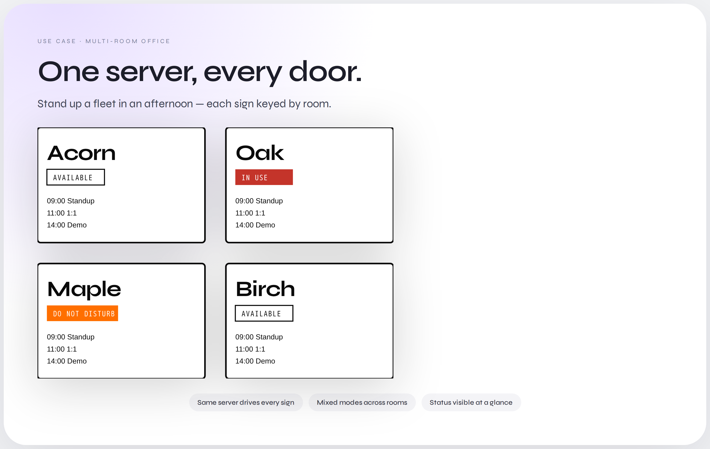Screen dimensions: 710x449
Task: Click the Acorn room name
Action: point(81,153)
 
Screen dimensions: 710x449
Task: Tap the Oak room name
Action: point(260,153)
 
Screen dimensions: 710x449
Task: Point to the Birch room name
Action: point(265,289)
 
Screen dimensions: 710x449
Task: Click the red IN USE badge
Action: point(264,177)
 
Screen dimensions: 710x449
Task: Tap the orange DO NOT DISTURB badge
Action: point(82,313)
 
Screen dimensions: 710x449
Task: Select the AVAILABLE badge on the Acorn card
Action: point(75,177)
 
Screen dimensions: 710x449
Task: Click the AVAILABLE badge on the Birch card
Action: point(264,313)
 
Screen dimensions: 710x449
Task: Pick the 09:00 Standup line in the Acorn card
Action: point(71,201)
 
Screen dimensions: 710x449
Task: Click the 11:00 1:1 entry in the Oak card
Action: point(250,213)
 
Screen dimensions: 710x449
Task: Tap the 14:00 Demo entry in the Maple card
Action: point(67,361)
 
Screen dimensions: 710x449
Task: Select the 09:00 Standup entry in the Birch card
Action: point(259,337)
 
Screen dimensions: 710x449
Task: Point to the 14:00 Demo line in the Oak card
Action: point(255,225)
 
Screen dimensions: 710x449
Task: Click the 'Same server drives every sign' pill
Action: point(246,402)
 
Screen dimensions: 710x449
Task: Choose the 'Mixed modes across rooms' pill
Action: point(362,402)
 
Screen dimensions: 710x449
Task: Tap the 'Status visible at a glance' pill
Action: point(471,402)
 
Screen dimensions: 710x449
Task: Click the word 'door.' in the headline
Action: point(325,72)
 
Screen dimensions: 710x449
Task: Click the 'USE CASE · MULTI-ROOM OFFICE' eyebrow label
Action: point(104,41)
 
